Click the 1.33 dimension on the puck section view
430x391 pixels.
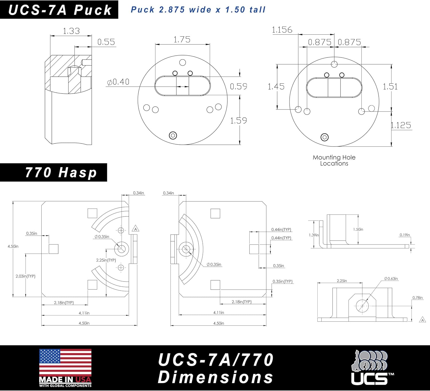pyautogui.click(x=71, y=31)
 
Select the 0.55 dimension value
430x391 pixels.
pyautogui.click(x=106, y=42)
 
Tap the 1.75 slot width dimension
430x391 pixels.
pyautogui.click(x=182, y=40)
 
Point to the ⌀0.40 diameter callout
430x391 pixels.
pyautogui.click(x=118, y=82)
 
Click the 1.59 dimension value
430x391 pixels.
pyautogui.click(x=239, y=121)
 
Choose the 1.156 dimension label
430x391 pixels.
pyautogui.click(x=282, y=30)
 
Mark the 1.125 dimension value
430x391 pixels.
pyautogui.click(x=401, y=125)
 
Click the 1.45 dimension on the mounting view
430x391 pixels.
pyautogui.click(x=276, y=87)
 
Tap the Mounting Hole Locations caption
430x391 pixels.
pyautogui.click(x=334, y=161)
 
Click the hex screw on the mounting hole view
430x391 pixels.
pyautogui.click(x=325, y=137)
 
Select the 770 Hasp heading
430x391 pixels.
pyautogui.click(x=61, y=173)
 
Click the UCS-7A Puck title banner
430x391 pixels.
pyautogui.click(x=60, y=10)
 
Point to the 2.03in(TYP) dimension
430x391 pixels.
pyautogui.click(x=26, y=276)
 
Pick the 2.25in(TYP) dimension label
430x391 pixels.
pyautogui.click(x=106, y=260)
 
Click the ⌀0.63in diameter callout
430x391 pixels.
pyautogui.click(x=391, y=279)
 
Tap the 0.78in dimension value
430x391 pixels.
pyautogui.click(x=418, y=298)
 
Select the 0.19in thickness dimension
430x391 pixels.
pyautogui.click(x=405, y=235)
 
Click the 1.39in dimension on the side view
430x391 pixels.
pyautogui.click(x=314, y=235)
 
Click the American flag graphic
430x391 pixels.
pyautogui.click(x=65, y=363)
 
